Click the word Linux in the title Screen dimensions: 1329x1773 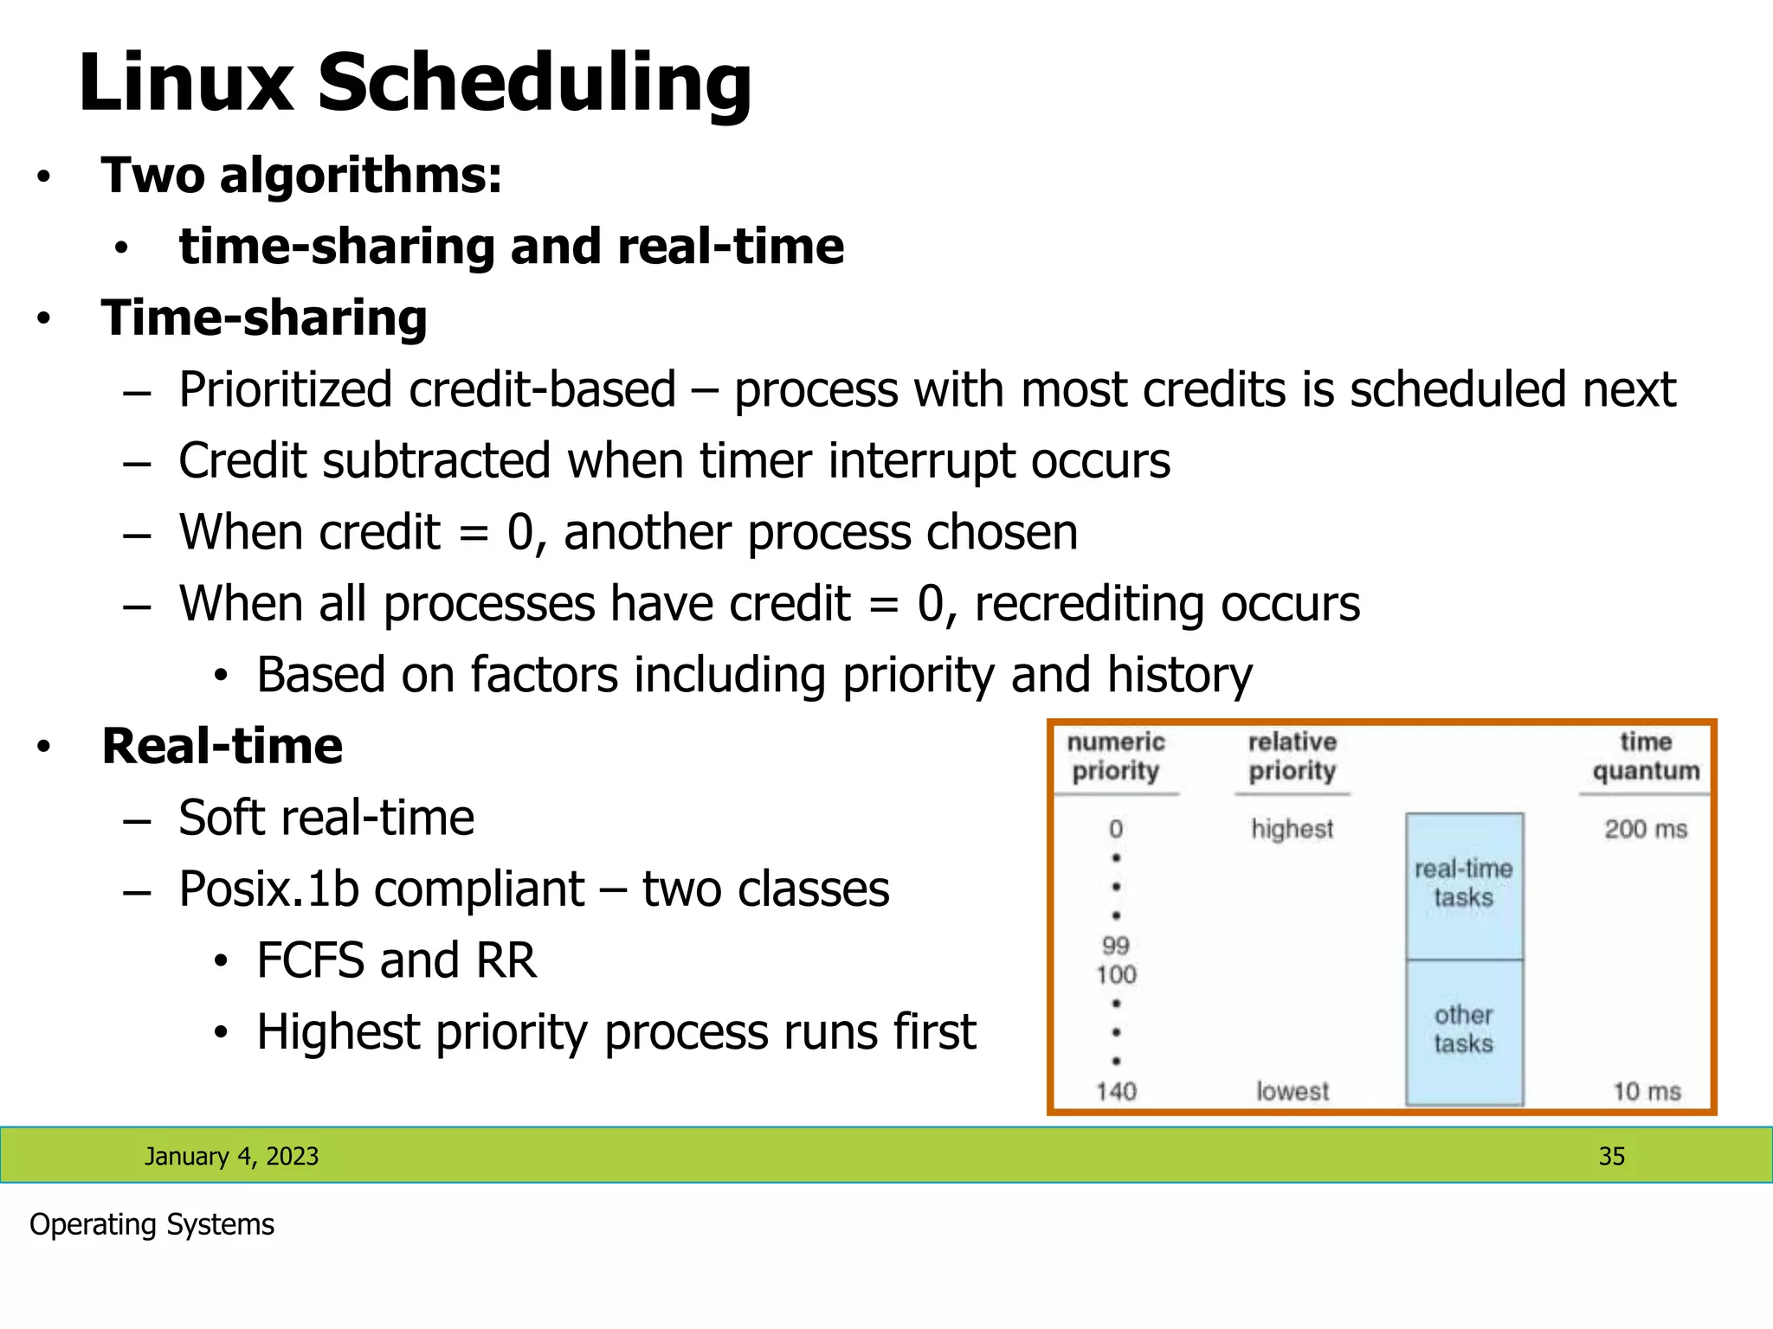pos(185,83)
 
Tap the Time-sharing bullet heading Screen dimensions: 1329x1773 pos(264,318)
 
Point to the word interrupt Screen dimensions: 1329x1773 pos(921,460)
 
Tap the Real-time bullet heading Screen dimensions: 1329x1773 pos(222,746)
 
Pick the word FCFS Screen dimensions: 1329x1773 pos(309,960)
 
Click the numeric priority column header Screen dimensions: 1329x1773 pos(1115,756)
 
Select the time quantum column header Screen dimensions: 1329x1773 pos(1645,756)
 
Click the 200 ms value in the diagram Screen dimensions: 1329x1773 pos(1645,829)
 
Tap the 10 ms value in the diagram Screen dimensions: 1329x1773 pos(1646,1091)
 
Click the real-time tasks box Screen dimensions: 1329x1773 pos(1463,884)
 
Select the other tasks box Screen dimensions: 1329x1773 pos(1463,1030)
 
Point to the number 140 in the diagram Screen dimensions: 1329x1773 pos(1116,1091)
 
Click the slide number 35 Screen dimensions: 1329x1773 pos(1611,1156)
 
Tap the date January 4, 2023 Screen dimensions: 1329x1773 pos(231,1156)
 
